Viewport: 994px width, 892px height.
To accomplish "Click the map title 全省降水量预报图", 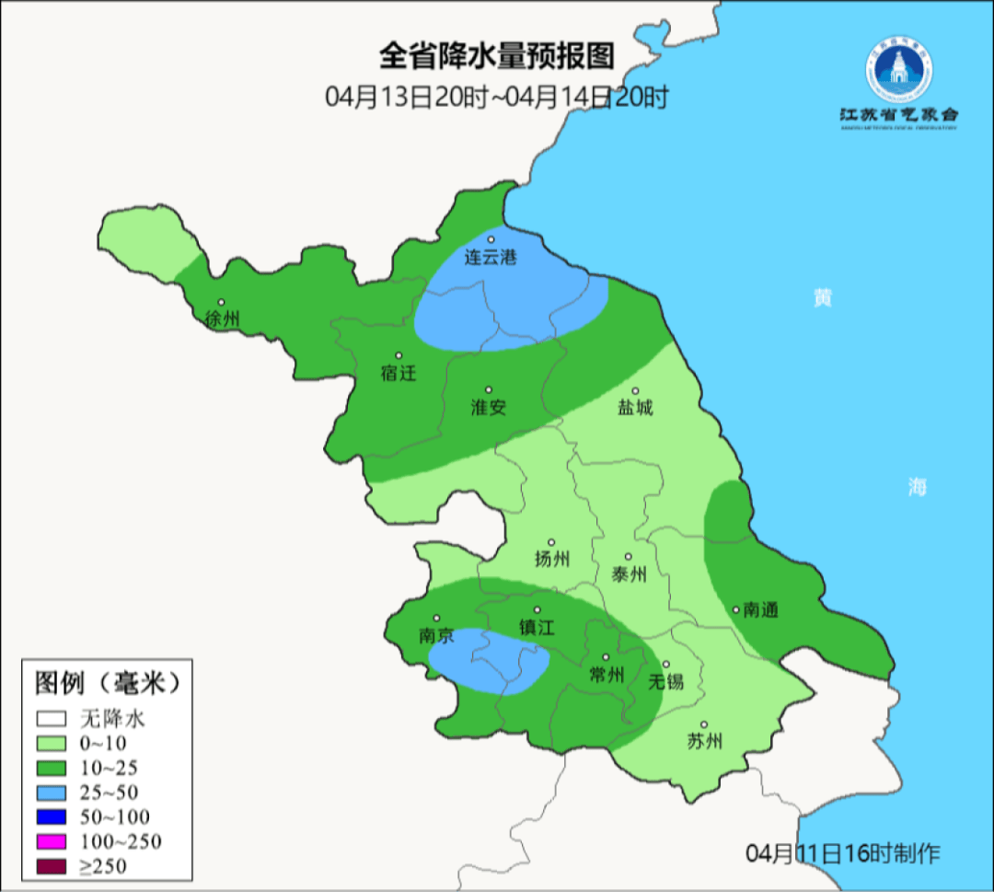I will click(496, 56).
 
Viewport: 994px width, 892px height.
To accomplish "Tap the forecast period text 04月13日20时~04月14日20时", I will click(496, 97).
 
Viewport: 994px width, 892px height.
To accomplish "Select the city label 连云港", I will click(490, 258).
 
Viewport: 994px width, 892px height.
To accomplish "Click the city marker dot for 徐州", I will click(221, 302).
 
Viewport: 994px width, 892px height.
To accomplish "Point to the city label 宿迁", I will click(399, 374).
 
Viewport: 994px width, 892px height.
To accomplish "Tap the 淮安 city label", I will click(489, 407).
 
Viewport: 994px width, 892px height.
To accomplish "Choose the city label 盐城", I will click(634, 407).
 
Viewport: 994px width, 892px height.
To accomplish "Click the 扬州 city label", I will click(552, 559).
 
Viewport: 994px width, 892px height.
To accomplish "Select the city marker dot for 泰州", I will click(629, 557).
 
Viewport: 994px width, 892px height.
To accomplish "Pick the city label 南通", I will click(761, 609).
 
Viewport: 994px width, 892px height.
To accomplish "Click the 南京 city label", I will click(436, 635).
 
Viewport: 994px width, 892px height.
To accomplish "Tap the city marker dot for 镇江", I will click(537, 609).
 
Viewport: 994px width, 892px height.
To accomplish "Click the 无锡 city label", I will click(666, 681).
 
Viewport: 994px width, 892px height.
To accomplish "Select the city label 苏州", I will click(705, 741).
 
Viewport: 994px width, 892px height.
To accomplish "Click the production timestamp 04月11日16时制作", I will click(842, 853).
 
